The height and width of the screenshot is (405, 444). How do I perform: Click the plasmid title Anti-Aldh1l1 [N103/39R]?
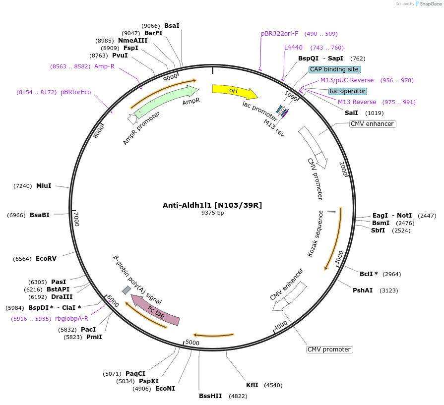point(212,205)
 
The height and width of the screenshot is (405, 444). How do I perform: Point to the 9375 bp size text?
point(212,213)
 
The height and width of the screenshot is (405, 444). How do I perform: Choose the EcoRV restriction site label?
point(46,259)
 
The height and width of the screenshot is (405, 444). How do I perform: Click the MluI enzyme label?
point(44,186)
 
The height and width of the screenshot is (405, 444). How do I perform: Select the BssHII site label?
point(210,396)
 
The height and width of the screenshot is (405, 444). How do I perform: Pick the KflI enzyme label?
point(252,385)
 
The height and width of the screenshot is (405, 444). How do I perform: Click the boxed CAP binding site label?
point(335,69)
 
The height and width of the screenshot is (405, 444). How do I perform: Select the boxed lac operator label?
point(348,91)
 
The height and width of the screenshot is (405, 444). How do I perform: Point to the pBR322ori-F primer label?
point(280,34)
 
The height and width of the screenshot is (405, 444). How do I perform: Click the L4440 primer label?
point(293,48)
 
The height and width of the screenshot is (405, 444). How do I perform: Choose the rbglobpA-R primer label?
point(71,319)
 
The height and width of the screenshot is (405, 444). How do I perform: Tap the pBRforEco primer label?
point(76,92)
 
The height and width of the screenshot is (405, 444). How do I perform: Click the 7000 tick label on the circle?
point(76,219)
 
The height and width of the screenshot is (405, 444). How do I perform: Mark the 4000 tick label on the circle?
point(281,326)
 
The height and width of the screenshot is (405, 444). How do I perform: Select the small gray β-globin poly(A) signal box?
point(127,290)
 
